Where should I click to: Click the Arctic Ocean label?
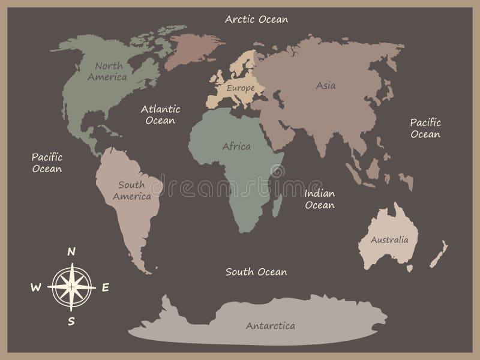tap(256, 19)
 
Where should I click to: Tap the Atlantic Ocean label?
tap(160, 115)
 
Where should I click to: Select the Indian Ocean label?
tap(319, 199)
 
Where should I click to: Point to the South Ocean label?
tap(256, 272)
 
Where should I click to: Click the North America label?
tap(107, 71)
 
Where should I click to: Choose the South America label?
tap(131, 190)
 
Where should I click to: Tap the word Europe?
tap(240, 88)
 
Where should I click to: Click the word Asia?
tap(326, 85)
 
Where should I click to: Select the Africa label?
tap(236, 146)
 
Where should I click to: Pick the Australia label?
tap(389, 240)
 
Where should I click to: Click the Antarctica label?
tap(271, 326)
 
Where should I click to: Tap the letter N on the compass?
tap(71, 252)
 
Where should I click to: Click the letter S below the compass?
tap(71, 321)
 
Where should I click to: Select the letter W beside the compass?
tap(35, 287)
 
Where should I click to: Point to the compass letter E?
tap(105, 287)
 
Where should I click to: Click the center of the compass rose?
tap(71, 287)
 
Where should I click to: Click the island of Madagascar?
tap(278, 207)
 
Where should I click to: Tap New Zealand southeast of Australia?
tap(439, 252)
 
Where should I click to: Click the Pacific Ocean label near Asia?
tap(425, 128)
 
